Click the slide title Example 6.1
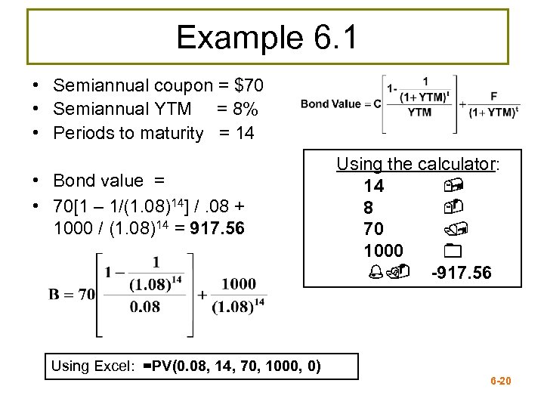pyautogui.click(x=268, y=36)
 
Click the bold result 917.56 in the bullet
pyautogui.click(x=218, y=228)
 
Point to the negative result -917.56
pyautogui.click(x=461, y=272)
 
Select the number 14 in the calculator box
pyautogui.click(x=373, y=185)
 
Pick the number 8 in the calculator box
pyautogui.click(x=369, y=207)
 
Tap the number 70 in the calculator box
pyautogui.click(x=373, y=228)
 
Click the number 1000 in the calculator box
pyautogui.click(x=383, y=250)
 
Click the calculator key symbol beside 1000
pyautogui.click(x=453, y=250)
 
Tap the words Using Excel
pyautogui.click(x=92, y=367)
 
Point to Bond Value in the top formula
pyautogui.click(x=330, y=104)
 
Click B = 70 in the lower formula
pyautogui.click(x=73, y=294)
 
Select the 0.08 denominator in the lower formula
pyautogui.click(x=144, y=307)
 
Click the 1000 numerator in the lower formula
pyautogui.click(x=239, y=283)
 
